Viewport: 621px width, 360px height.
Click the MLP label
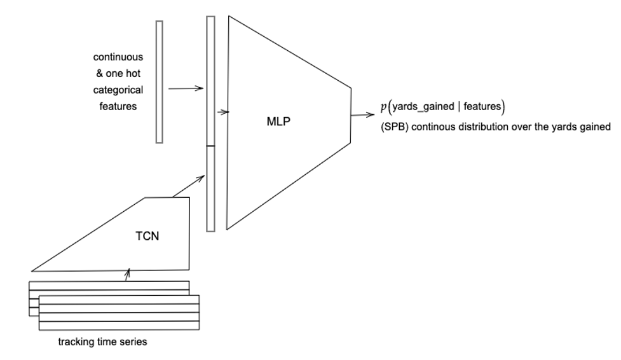click(278, 121)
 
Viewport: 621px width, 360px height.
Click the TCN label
click(147, 237)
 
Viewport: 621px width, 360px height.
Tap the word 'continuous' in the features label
click(118, 57)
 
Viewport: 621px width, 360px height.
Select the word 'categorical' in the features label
click(118, 90)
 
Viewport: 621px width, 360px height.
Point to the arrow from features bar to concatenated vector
click(186, 88)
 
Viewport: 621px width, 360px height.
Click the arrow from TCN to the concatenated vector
click(188, 186)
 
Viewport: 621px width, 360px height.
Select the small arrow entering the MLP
click(222, 112)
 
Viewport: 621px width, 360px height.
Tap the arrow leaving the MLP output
click(362, 116)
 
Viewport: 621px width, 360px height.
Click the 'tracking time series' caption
click(102, 342)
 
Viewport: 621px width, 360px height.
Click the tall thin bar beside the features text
click(159, 81)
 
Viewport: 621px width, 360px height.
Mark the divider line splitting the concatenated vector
click(211, 146)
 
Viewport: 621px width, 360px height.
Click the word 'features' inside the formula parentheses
click(482, 106)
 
